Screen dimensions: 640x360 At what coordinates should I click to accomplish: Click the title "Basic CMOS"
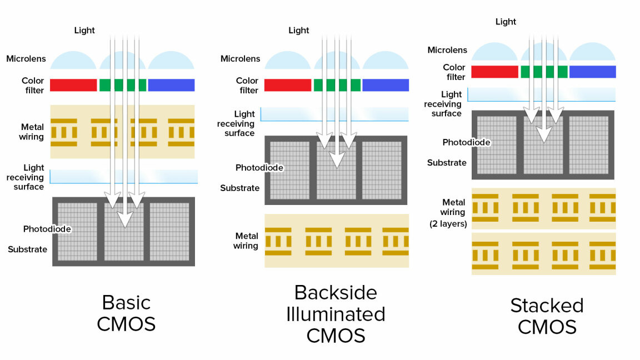point(126,313)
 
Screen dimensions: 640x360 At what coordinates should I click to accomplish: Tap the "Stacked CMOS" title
point(547,316)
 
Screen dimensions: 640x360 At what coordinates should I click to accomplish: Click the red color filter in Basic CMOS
point(73,85)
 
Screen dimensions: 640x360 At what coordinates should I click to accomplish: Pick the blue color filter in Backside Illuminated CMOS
point(386,85)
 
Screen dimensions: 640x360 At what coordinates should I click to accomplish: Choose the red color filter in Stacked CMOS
point(494,72)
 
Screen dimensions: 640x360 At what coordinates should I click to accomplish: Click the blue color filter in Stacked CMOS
point(593,72)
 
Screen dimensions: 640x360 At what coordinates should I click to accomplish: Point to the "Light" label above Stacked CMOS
point(506,22)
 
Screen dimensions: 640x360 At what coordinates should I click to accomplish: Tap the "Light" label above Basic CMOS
point(84,30)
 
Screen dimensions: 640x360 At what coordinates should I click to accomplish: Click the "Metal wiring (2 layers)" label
point(448,213)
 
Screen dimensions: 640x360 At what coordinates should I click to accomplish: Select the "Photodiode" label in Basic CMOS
point(47,229)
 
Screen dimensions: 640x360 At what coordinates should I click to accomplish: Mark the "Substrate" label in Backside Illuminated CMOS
point(239,188)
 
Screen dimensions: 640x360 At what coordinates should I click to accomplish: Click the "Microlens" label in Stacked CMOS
point(447,50)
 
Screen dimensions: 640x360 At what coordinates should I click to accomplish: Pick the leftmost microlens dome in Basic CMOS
point(73,60)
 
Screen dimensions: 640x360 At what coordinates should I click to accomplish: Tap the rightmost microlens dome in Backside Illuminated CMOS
point(386,60)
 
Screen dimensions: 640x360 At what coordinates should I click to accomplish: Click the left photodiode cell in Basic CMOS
point(78,232)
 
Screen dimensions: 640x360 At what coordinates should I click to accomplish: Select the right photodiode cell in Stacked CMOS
point(588,145)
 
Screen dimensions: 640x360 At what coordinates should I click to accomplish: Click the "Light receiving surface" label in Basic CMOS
point(26,177)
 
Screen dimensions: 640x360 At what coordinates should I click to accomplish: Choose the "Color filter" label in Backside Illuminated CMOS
point(247,86)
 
